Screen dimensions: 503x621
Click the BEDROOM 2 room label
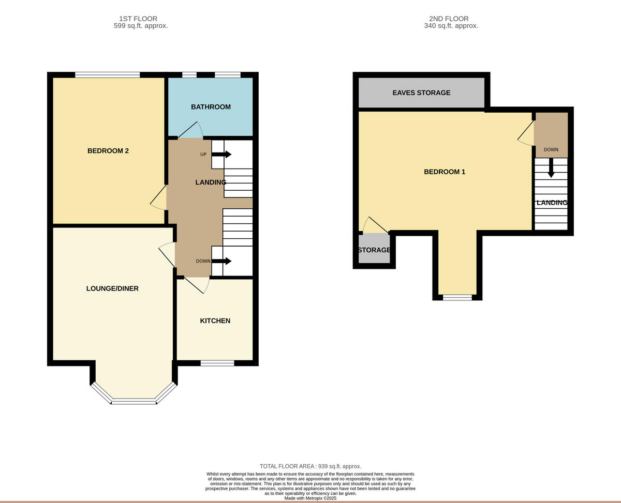tap(108, 151)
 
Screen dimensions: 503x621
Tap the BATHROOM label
tap(211, 107)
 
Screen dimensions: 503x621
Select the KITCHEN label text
tap(215, 321)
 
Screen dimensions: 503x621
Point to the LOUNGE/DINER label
tap(112, 288)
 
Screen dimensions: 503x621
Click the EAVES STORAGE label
tap(421, 93)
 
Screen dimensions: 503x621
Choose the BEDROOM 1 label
tap(444, 172)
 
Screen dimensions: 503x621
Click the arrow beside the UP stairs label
tap(221, 154)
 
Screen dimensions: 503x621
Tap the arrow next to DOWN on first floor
tap(221, 261)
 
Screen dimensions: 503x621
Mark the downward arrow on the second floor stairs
tap(551, 167)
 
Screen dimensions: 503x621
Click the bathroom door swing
tap(191, 131)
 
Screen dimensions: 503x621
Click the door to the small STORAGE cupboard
tap(375, 226)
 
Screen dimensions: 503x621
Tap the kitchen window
tap(217, 363)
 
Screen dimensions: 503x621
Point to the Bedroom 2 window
tap(107, 75)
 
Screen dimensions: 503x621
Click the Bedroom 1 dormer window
tap(457, 297)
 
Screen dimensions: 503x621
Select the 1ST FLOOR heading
tap(138, 19)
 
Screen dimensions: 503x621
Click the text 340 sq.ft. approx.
tap(451, 26)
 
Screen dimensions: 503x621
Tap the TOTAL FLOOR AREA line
tap(310, 466)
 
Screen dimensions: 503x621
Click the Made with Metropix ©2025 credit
tap(310, 498)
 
